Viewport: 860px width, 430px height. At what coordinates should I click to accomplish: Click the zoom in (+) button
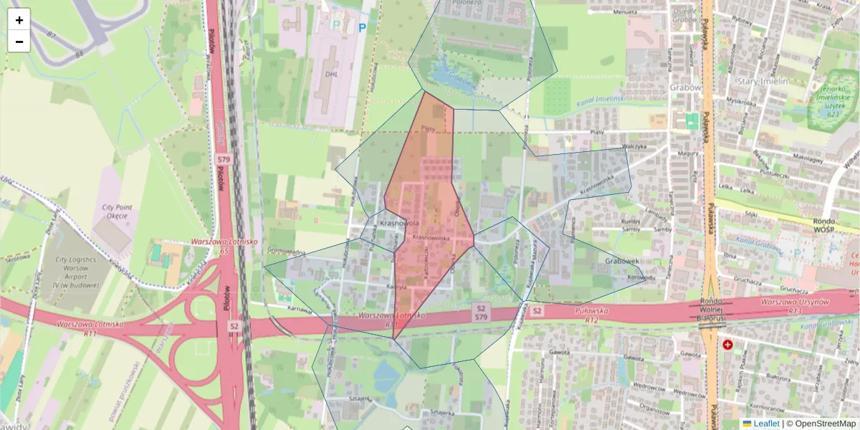pos(19,20)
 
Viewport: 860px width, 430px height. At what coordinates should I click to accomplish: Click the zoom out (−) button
pos(19,42)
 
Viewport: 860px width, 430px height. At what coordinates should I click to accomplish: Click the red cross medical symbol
pos(728,345)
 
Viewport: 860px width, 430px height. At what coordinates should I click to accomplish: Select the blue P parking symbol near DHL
pos(362,28)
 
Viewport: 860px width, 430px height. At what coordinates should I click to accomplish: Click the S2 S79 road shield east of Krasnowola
pos(482,312)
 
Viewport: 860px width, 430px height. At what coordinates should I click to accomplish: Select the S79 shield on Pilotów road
pos(224,158)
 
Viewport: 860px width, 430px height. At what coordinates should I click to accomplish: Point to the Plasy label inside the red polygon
pos(429,128)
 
